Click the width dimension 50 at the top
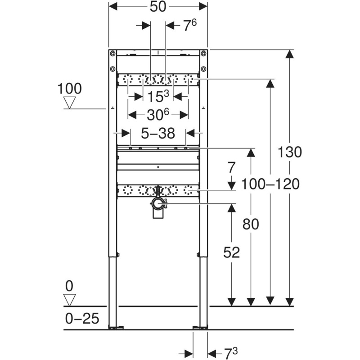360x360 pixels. click(x=158, y=6)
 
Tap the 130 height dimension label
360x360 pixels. click(x=289, y=152)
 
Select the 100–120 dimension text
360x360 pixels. click(x=270, y=184)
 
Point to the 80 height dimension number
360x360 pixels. click(x=251, y=224)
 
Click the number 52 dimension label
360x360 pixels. click(x=231, y=252)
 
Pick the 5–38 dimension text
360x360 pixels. click(x=158, y=133)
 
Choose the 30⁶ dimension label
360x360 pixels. click(x=158, y=114)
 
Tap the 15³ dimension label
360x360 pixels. click(x=158, y=96)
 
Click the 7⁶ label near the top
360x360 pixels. click(x=190, y=25)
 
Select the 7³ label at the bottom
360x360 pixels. click(x=230, y=354)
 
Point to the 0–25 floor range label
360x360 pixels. click(x=82, y=319)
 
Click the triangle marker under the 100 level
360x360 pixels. click(x=70, y=103)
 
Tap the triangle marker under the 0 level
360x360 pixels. click(x=70, y=300)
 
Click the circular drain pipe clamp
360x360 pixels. click(x=158, y=203)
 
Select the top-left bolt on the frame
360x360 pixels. click(x=112, y=54)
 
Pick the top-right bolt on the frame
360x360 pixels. click(x=203, y=54)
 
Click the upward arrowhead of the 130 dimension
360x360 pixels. click(x=290, y=54)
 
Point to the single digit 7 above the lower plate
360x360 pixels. click(x=231, y=167)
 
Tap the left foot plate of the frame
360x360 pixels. click(x=116, y=327)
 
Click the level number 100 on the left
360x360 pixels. click(x=69, y=88)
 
